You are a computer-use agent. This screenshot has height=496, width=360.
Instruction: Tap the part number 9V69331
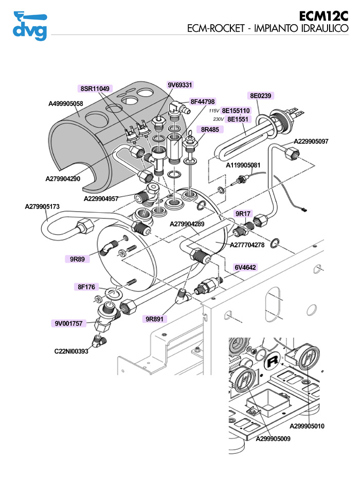click(180, 85)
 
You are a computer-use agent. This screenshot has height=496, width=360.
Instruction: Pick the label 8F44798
click(203, 101)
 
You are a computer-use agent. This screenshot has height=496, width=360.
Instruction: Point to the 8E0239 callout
click(261, 95)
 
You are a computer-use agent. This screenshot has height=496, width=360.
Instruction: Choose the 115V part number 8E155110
click(236, 111)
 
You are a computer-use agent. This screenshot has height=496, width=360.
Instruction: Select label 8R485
click(210, 130)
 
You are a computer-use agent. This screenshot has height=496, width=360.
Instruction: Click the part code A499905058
click(66, 104)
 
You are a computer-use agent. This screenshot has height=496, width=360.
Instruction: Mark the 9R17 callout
click(243, 213)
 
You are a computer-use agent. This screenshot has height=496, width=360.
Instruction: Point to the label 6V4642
click(246, 267)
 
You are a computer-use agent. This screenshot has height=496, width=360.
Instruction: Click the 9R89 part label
click(77, 259)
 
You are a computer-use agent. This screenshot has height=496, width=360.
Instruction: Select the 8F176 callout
click(87, 287)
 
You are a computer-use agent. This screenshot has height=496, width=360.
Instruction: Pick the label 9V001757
click(69, 323)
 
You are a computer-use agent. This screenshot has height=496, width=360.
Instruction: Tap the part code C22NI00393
click(71, 352)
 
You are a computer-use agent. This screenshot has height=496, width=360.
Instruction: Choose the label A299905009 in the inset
click(273, 438)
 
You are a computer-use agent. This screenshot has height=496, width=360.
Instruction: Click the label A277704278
click(247, 245)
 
